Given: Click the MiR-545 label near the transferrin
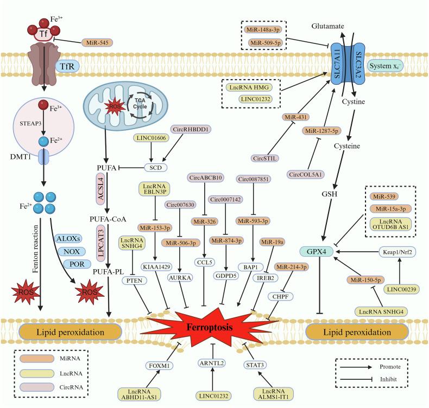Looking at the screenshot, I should point(96,42).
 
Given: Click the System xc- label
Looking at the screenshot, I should point(384,66).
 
